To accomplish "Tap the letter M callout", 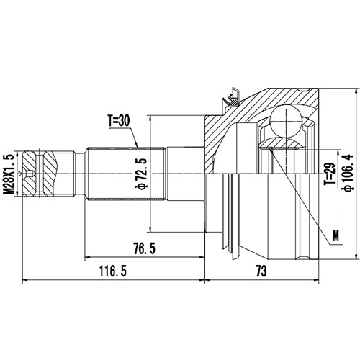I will click(336, 234).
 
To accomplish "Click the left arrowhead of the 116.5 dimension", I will click(25, 279).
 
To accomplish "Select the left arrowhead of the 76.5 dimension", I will click(87, 257).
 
